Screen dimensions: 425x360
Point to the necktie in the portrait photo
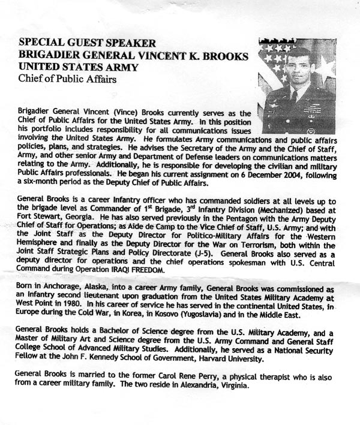295,96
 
